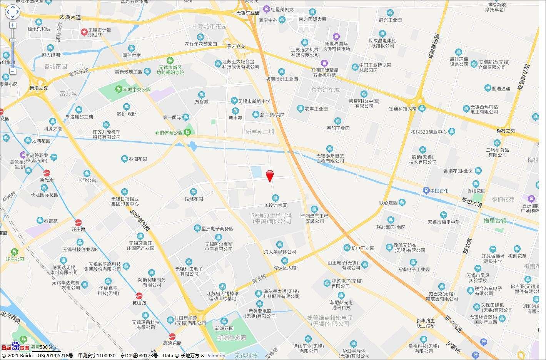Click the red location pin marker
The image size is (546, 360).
point(270,175)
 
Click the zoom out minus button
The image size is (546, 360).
point(13,71)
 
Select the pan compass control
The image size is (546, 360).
point(12,12)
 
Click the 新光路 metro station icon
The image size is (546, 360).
point(47,173)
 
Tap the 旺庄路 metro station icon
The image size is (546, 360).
point(78,222)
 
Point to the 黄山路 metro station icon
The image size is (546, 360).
point(139,296)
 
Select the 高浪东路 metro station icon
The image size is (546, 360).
point(172,336)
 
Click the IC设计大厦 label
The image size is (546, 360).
point(275,206)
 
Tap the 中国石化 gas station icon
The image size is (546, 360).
point(426,191)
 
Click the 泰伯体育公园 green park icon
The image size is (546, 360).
point(187,132)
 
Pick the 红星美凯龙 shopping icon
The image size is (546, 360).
point(266,8)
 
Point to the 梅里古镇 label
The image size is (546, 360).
point(495,221)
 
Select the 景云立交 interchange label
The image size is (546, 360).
point(235,47)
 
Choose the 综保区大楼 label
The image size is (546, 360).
point(285,268)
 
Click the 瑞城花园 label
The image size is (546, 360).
point(194,199)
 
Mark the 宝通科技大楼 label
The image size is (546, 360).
point(403,109)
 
